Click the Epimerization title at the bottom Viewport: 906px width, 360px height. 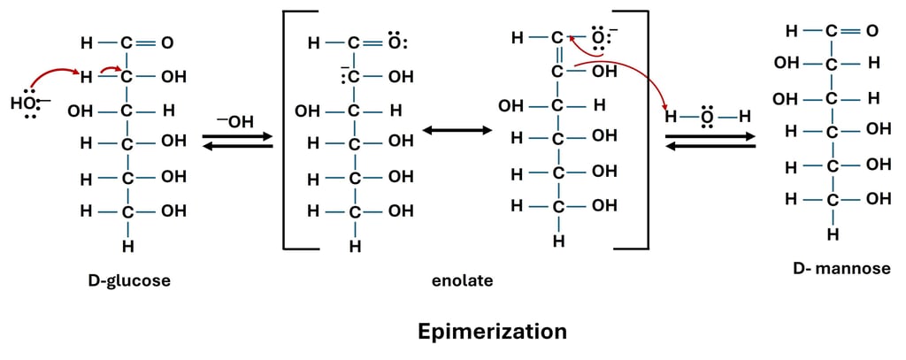coord(492,332)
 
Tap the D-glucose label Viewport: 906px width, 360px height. coord(129,281)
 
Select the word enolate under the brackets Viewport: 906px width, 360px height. coord(462,281)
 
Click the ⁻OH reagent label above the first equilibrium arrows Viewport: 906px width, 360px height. coord(235,122)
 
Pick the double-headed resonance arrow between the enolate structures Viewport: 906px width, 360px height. coord(457,131)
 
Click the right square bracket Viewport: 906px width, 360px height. coord(642,133)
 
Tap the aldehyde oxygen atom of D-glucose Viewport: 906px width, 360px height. coord(167,42)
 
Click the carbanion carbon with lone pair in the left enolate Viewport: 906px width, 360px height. coord(353,77)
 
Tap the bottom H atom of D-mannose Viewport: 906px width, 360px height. coord(833,234)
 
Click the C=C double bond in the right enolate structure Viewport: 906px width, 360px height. coord(557,56)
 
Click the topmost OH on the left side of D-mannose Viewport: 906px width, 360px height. coord(786,64)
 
